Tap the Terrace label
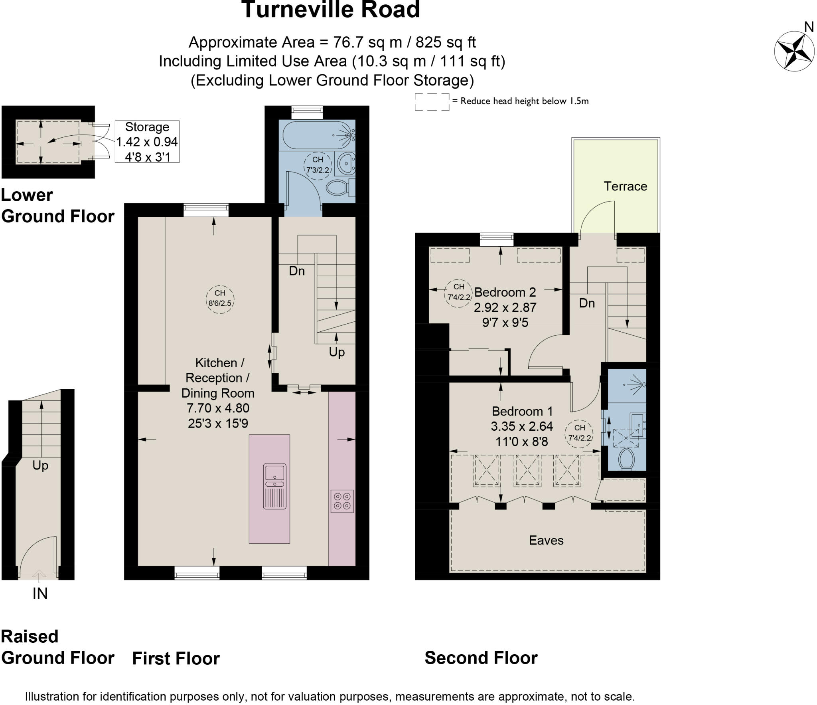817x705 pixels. pyautogui.click(x=625, y=186)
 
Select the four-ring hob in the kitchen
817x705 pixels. pyautogui.click(x=342, y=501)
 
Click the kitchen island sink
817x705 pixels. pyautogui.click(x=275, y=486)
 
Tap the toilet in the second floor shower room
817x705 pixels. pyautogui.click(x=626, y=459)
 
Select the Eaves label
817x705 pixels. pyautogui.click(x=546, y=541)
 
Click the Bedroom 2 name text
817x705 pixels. pyautogui.click(x=505, y=292)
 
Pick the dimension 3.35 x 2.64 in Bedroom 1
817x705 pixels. pyautogui.click(x=522, y=426)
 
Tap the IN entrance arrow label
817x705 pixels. pyautogui.click(x=39, y=594)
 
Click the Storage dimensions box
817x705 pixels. pyautogui.click(x=147, y=142)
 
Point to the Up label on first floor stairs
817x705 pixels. pyautogui.click(x=337, y=352)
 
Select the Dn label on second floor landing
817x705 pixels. pyautogui.click(x=587, y=303)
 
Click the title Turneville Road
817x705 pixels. pyautogui.click(x=331, y=10)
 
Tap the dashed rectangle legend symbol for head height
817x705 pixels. pyautogui.click(x=432, y=102)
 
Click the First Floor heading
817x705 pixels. pyautogui.click(x=176, y=659)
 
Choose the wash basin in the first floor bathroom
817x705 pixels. pyautogui.click(x=345, y=163)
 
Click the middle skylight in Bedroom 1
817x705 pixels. pyautogui.click(x=527, y=471)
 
